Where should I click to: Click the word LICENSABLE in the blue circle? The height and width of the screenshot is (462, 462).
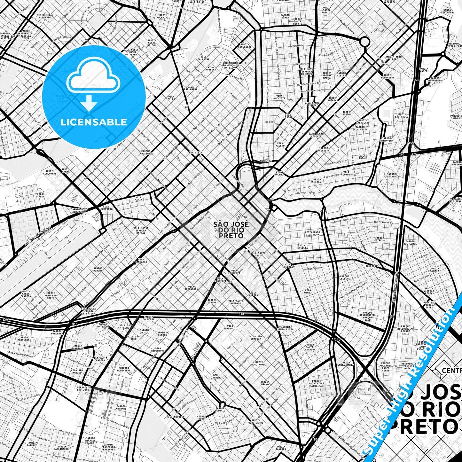click(x=94, y=122)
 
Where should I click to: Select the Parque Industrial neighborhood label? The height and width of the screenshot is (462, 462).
click(x=146, y=152)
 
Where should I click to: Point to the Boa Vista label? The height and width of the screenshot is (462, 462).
click(x=196, y=153)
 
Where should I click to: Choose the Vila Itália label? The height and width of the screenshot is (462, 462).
click(x=40, y=195)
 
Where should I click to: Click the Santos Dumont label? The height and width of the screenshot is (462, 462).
click(x=98, y=270)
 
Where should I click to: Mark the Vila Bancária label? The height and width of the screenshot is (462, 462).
click(x=141, y=261)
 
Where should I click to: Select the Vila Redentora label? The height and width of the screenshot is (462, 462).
click(x=191, y=288)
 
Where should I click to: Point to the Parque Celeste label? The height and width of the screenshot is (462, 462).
click(x=345, y=277)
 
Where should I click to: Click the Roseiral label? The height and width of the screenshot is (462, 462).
click(x=372, y=266)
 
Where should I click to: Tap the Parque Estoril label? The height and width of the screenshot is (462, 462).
click(x=220, y=409)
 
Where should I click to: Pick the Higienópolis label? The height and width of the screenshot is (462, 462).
click(x=176, y=417)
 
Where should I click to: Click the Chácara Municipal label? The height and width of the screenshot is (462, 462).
click(x=124, y=369)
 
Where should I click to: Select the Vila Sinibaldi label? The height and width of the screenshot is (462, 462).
click(x=230, y=327)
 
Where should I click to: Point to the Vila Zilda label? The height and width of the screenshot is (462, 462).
click(x=171, y=98)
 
